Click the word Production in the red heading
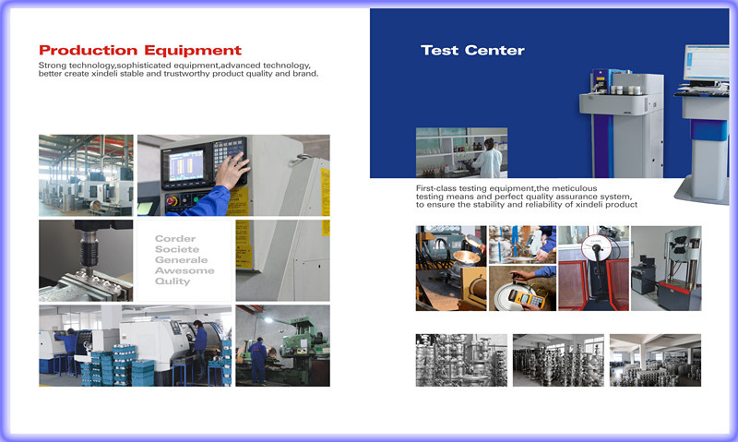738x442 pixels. pyautogui.click(x=88, y=51)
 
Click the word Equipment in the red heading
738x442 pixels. pyautogui.click(x=193, y=51)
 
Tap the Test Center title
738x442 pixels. pyautogui.click(x=472, y=51)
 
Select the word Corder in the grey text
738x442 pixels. pyautogui.click(x=175, y=239)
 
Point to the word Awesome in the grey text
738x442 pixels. pyautogui.click(x=184, y=270)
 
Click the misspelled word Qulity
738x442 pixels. pyautogui.click(x=173, y=281)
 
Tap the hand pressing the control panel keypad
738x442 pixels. pyautogui.click(x=232, y=170)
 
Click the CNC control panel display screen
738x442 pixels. pyautogui.click(x=187, y=165)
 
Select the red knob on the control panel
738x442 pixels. pyautogui.click(x=172, y=201)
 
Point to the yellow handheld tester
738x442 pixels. pyautogui.click(x=527, y=298)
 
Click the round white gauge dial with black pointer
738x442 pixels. pyautogui.click(x=596, y=248)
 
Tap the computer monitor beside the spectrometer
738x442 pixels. pyautogui.click(x=707, y=63)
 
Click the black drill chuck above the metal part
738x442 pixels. pyautogui.click(x=89, y=249)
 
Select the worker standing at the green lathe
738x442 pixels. pyautogui.click(x=257, y=361)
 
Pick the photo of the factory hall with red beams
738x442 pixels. pyautogui.click(x=86, y=175)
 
